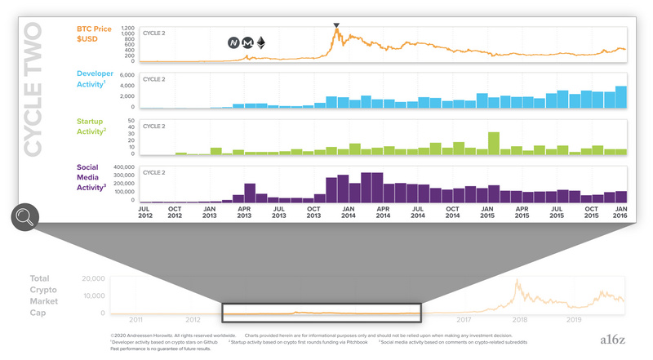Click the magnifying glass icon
(x=25, y=217)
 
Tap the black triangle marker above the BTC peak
(x=336, y=27)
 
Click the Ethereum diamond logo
(x=261, y=42)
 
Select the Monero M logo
(x=247, y=42)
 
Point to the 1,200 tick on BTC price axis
(x=127, y=29)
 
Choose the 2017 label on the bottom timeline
(x=464, y=321)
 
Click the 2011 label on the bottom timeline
(x=135, y=321)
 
